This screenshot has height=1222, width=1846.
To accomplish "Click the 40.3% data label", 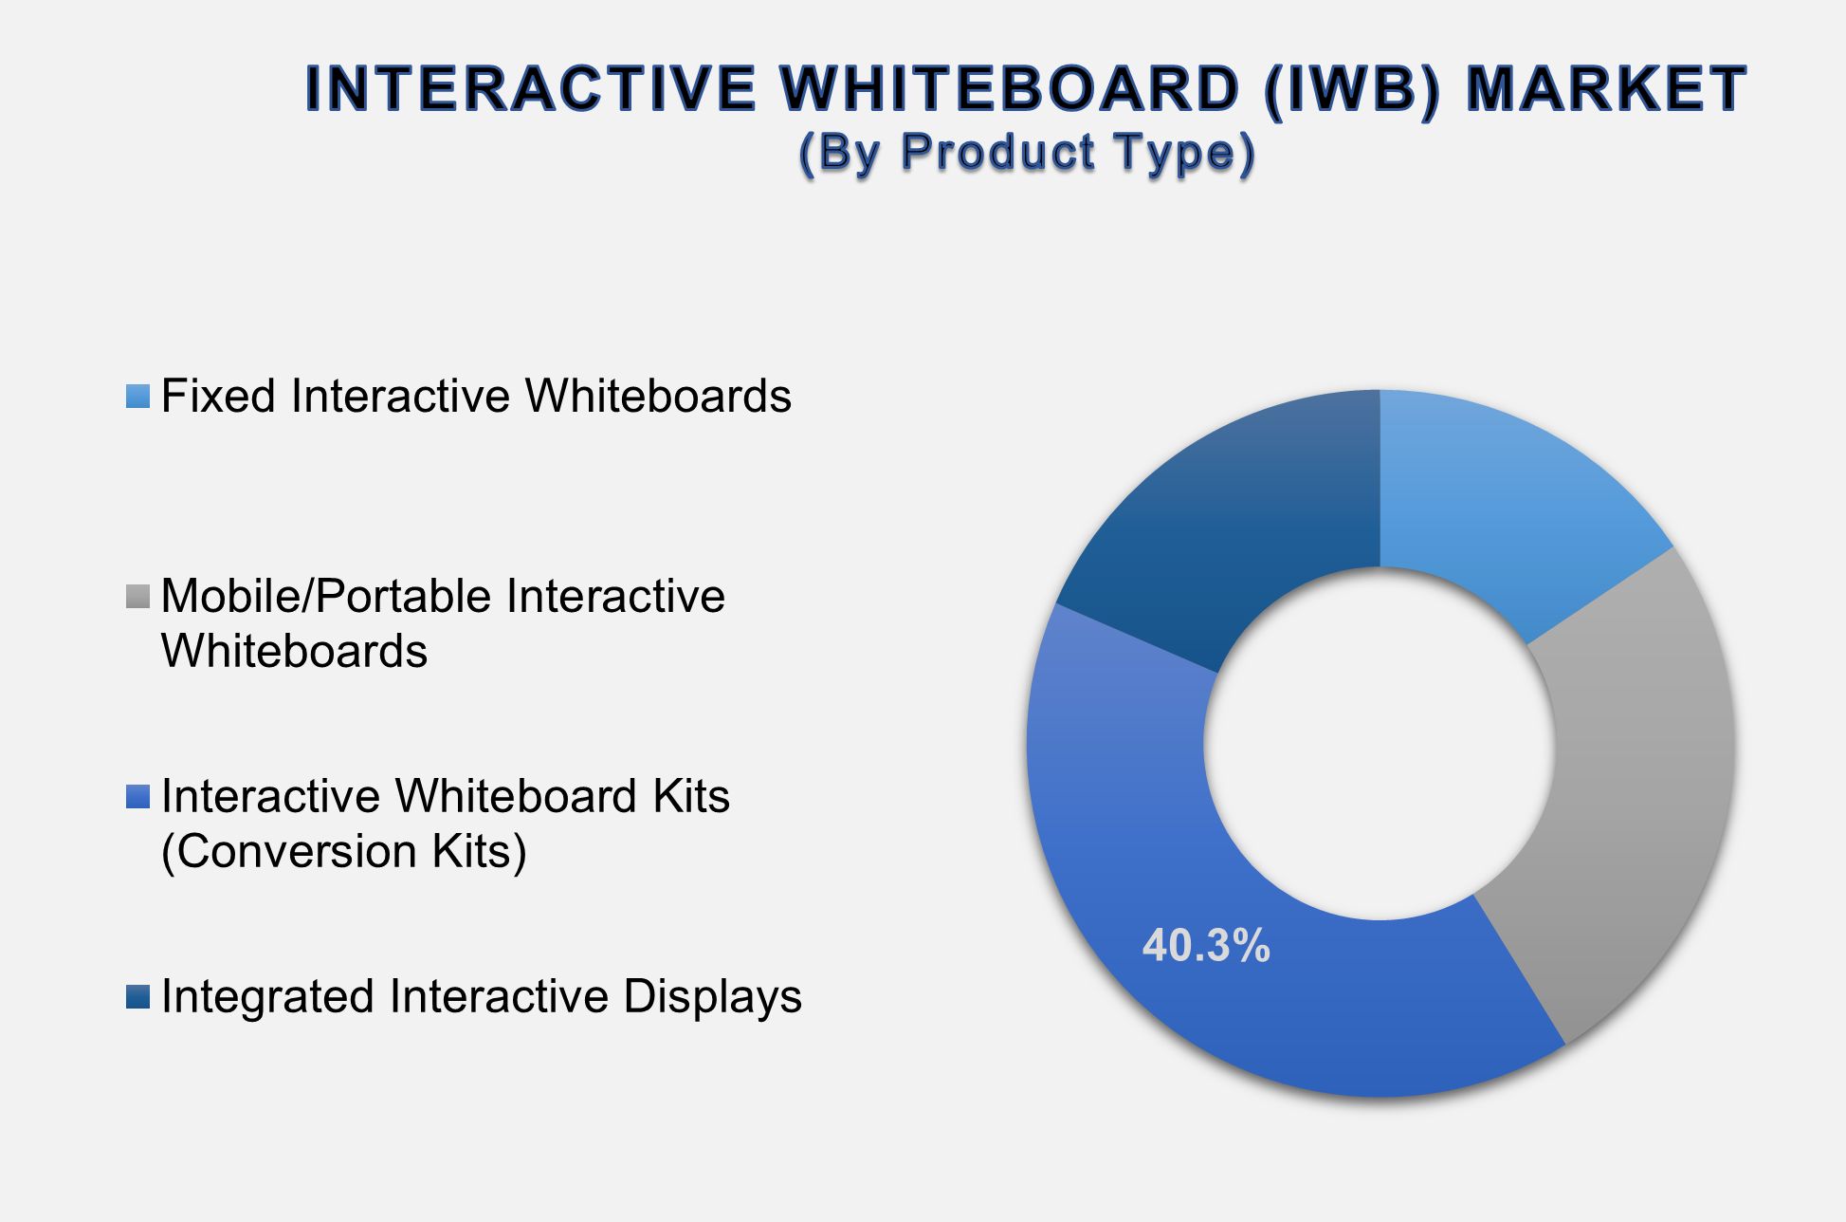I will [1205, 946].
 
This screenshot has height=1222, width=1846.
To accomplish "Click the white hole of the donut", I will [1380, 743].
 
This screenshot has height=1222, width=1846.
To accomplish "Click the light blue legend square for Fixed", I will [137, 397].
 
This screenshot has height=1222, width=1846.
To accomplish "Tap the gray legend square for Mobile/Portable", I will [137, 597].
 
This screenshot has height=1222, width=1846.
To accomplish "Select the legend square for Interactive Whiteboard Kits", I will [137, 797].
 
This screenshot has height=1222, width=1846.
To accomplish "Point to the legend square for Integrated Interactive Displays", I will [137, 997].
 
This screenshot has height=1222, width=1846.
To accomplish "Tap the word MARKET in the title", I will [1605, 90].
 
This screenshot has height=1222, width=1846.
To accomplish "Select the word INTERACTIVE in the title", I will [531, 90].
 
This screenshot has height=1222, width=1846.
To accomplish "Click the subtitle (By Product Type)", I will [1027, 152].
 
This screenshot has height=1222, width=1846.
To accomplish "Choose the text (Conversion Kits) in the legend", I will [343, 851].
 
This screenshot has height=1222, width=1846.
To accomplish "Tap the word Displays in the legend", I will [713, 997].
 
